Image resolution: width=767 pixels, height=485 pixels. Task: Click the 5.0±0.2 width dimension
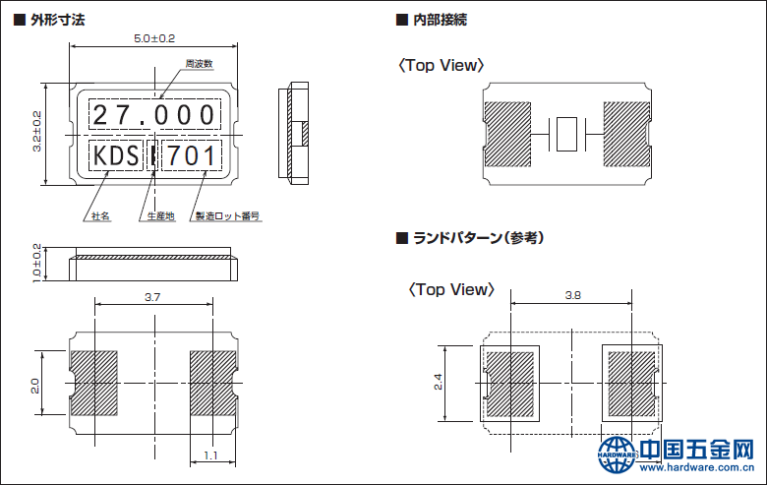pyautogui.click(x=153, y=38)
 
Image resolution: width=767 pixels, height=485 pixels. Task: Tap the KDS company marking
pyautogui.click(x=116, y=156)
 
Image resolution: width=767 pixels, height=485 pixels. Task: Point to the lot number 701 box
pyautogui.click(x=190, y=156)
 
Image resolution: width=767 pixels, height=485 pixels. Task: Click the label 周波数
pyautogui.click(x=199, y=63)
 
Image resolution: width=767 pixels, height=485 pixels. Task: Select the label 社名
pyautogui.click(x=99, y=215)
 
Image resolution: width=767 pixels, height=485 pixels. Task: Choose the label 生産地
pyautogui.click(x=159, y=215)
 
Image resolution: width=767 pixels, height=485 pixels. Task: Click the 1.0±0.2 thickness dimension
pyautogui.click(x=37, y=265)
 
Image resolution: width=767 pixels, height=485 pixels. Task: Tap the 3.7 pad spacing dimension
pyautogui.click(x=153, y=296)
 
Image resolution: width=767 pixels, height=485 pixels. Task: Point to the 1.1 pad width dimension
pyautogui.click(x=209, y=455)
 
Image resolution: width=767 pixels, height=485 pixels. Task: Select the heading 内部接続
pyautogui.click(x=437, y=20)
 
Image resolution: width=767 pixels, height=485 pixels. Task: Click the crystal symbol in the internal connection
pyautogui.click(x=566, y=134)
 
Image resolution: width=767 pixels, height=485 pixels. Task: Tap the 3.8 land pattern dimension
pyautogui.click(x=572, y=295)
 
